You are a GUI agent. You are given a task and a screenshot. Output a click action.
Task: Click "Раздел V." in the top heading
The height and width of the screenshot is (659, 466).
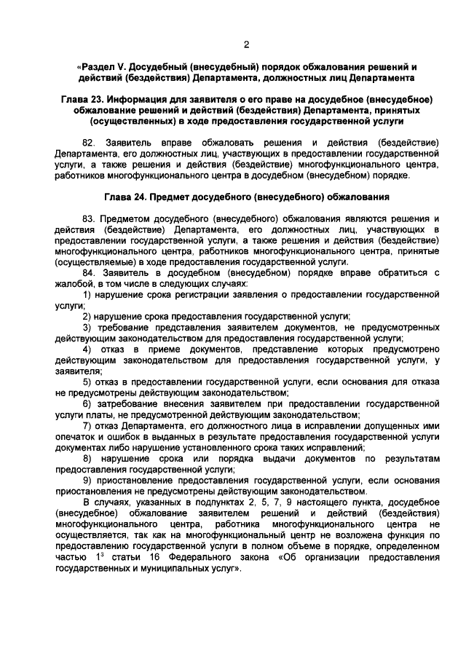[108, 66]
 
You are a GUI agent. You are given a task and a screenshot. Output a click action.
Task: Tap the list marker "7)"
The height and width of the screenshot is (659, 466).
[87, 425]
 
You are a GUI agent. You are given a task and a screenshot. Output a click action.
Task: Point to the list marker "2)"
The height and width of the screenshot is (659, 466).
[87, 316]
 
